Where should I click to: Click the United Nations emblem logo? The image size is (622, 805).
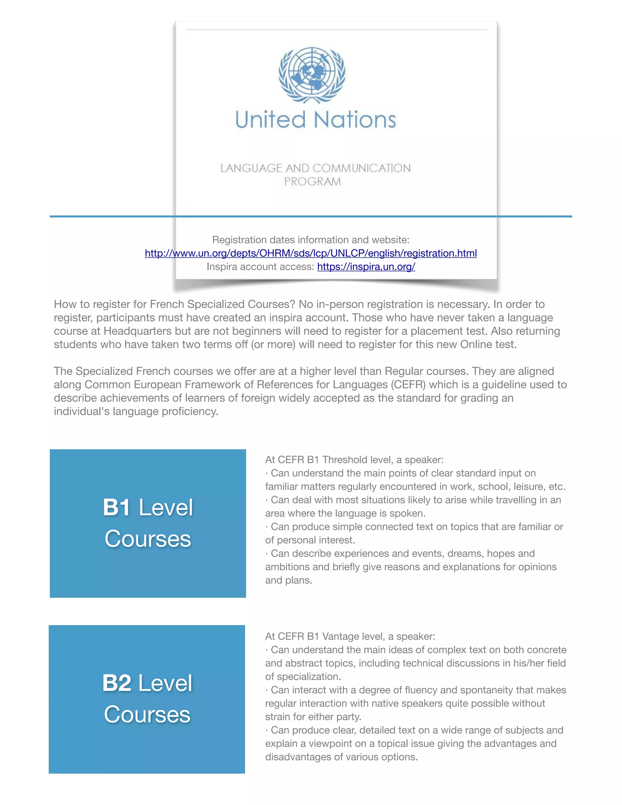(312, 75)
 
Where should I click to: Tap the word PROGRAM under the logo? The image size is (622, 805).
(313, 181)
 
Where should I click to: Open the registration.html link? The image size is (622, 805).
(311, 253)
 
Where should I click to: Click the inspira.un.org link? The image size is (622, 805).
(366, 266)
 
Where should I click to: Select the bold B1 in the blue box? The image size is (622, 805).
(116, 507)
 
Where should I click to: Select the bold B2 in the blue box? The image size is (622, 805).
(116, 683)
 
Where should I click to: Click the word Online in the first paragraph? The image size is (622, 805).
(477, 344)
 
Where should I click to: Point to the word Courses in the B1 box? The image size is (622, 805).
(148, 539)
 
